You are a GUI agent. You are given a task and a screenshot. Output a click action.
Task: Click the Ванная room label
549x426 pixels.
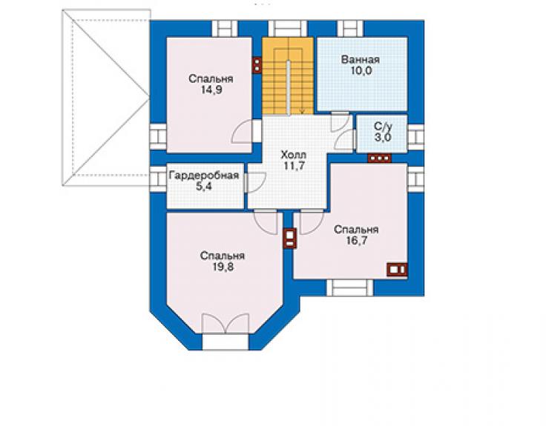coord(361,59)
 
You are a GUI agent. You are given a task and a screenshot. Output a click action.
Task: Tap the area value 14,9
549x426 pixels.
coord(211,90)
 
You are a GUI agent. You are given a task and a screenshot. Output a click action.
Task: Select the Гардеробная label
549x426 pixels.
coord(204,176)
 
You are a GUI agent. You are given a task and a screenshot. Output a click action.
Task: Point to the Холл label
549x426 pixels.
coord(293,154)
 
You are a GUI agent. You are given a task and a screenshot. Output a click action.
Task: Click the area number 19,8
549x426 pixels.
coord(223,267)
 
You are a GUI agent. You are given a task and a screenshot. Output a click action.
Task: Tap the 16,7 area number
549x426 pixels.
coord(356,241)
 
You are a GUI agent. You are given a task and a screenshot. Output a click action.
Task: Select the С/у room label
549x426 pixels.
coord(383,126)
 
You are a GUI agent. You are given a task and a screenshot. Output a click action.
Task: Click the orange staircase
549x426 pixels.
coord(288,76)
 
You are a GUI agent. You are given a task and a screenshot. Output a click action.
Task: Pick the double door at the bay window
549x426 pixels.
coord(226,324)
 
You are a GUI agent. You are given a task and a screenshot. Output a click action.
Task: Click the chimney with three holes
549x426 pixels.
coord(379,158)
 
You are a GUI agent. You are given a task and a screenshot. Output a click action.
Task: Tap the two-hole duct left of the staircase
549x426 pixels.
coord(257,65)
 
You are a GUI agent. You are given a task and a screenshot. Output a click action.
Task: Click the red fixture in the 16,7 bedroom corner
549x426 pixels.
coord(397,270)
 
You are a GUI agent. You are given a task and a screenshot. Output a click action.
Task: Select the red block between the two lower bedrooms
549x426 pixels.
coord(290,238)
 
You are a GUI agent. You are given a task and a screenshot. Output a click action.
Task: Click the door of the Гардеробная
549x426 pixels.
coord(256,182)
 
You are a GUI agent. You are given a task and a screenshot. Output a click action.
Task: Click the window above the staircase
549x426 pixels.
coord(287,29)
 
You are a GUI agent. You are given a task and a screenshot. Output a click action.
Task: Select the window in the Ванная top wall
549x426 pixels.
coord(350,29)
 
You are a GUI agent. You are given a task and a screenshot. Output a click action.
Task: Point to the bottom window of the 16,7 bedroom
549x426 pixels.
coord(350,288)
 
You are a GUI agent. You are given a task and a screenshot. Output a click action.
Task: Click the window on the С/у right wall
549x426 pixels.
coord(416,134)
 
